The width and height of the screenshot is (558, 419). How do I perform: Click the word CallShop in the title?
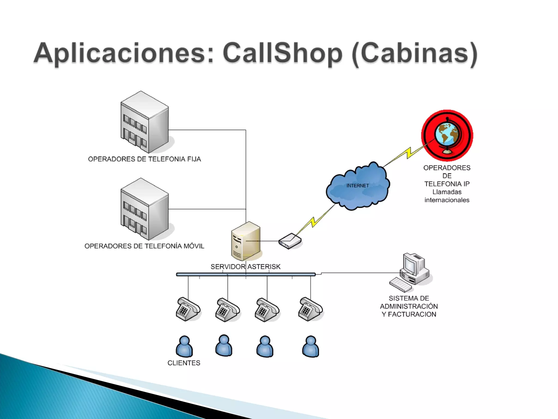tap(282, 53)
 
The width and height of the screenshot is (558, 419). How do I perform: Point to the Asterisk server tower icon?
tap(245, 241)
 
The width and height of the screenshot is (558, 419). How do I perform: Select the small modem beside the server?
tap(290, 241)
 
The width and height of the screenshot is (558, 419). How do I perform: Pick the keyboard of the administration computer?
tap(400, 285)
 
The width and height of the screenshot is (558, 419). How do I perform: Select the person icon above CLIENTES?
tap(184, 346)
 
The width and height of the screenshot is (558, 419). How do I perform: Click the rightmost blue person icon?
tap(311, 346)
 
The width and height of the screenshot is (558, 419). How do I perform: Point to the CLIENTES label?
tap(184, 363)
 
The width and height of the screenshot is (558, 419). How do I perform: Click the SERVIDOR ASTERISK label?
tap(245, 267)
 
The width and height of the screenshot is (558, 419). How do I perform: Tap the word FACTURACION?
tap(412, 315)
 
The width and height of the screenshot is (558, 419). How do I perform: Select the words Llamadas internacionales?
tap(447, 196)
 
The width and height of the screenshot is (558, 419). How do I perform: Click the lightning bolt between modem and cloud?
tap(315, 221)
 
